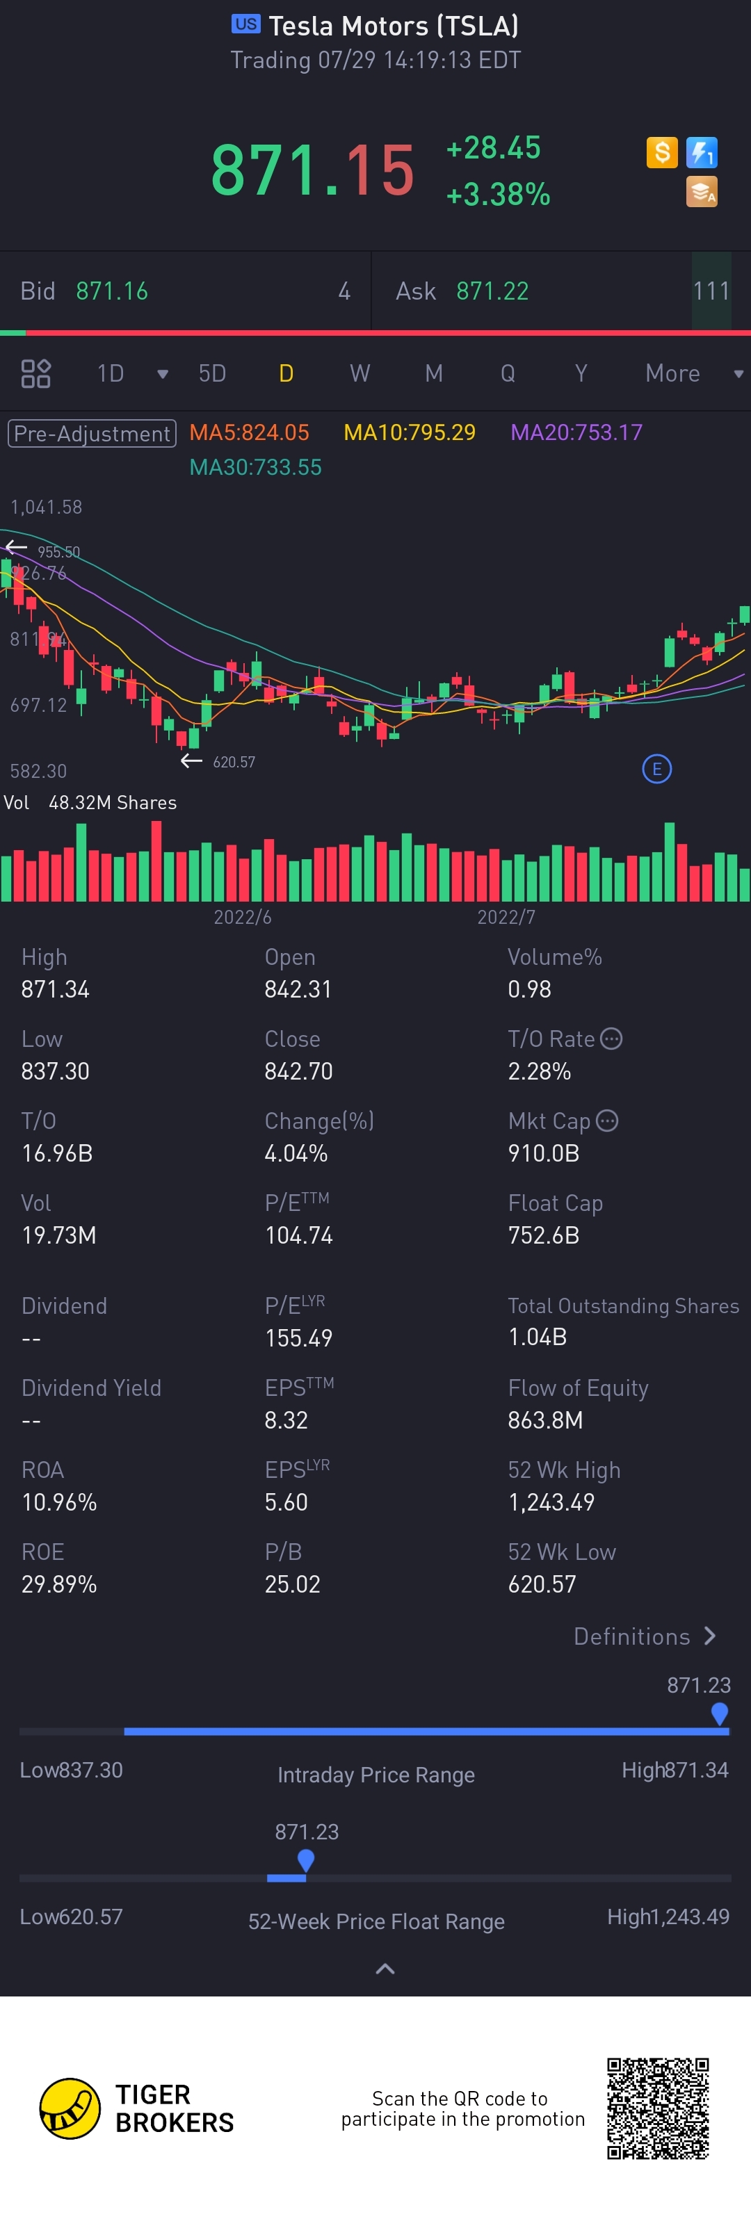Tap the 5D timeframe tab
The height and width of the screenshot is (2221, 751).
click(x=212, y=373)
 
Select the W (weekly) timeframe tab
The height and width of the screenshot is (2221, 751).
click(x=360, y=373)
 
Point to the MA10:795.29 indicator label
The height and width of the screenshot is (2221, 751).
click(x=410, y=432)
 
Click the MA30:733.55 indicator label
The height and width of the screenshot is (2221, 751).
click(x=255, y=467)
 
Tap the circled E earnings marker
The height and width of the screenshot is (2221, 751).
click(x=657, y=768)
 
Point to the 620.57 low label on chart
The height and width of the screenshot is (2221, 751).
click(x=234, y=762)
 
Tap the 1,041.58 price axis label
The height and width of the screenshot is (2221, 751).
click(x=47, y=507)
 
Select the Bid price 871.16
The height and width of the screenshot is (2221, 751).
click(x=112, y=291)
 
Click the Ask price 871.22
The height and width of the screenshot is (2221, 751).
click(x=492, y=291)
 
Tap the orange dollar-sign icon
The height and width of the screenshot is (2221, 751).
click(x=662, y=153)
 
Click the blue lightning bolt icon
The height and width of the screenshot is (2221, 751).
click(x=702, y=153)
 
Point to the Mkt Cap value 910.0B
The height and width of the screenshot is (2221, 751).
click(x=543, y=1154)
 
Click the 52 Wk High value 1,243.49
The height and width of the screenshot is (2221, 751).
click(x=551, y=1503)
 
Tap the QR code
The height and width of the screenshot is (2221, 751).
click(x=658, y=2108)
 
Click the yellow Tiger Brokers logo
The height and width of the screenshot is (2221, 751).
click(x=70, y=2108)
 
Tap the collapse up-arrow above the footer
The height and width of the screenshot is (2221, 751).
click(x=385, y=1969)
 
